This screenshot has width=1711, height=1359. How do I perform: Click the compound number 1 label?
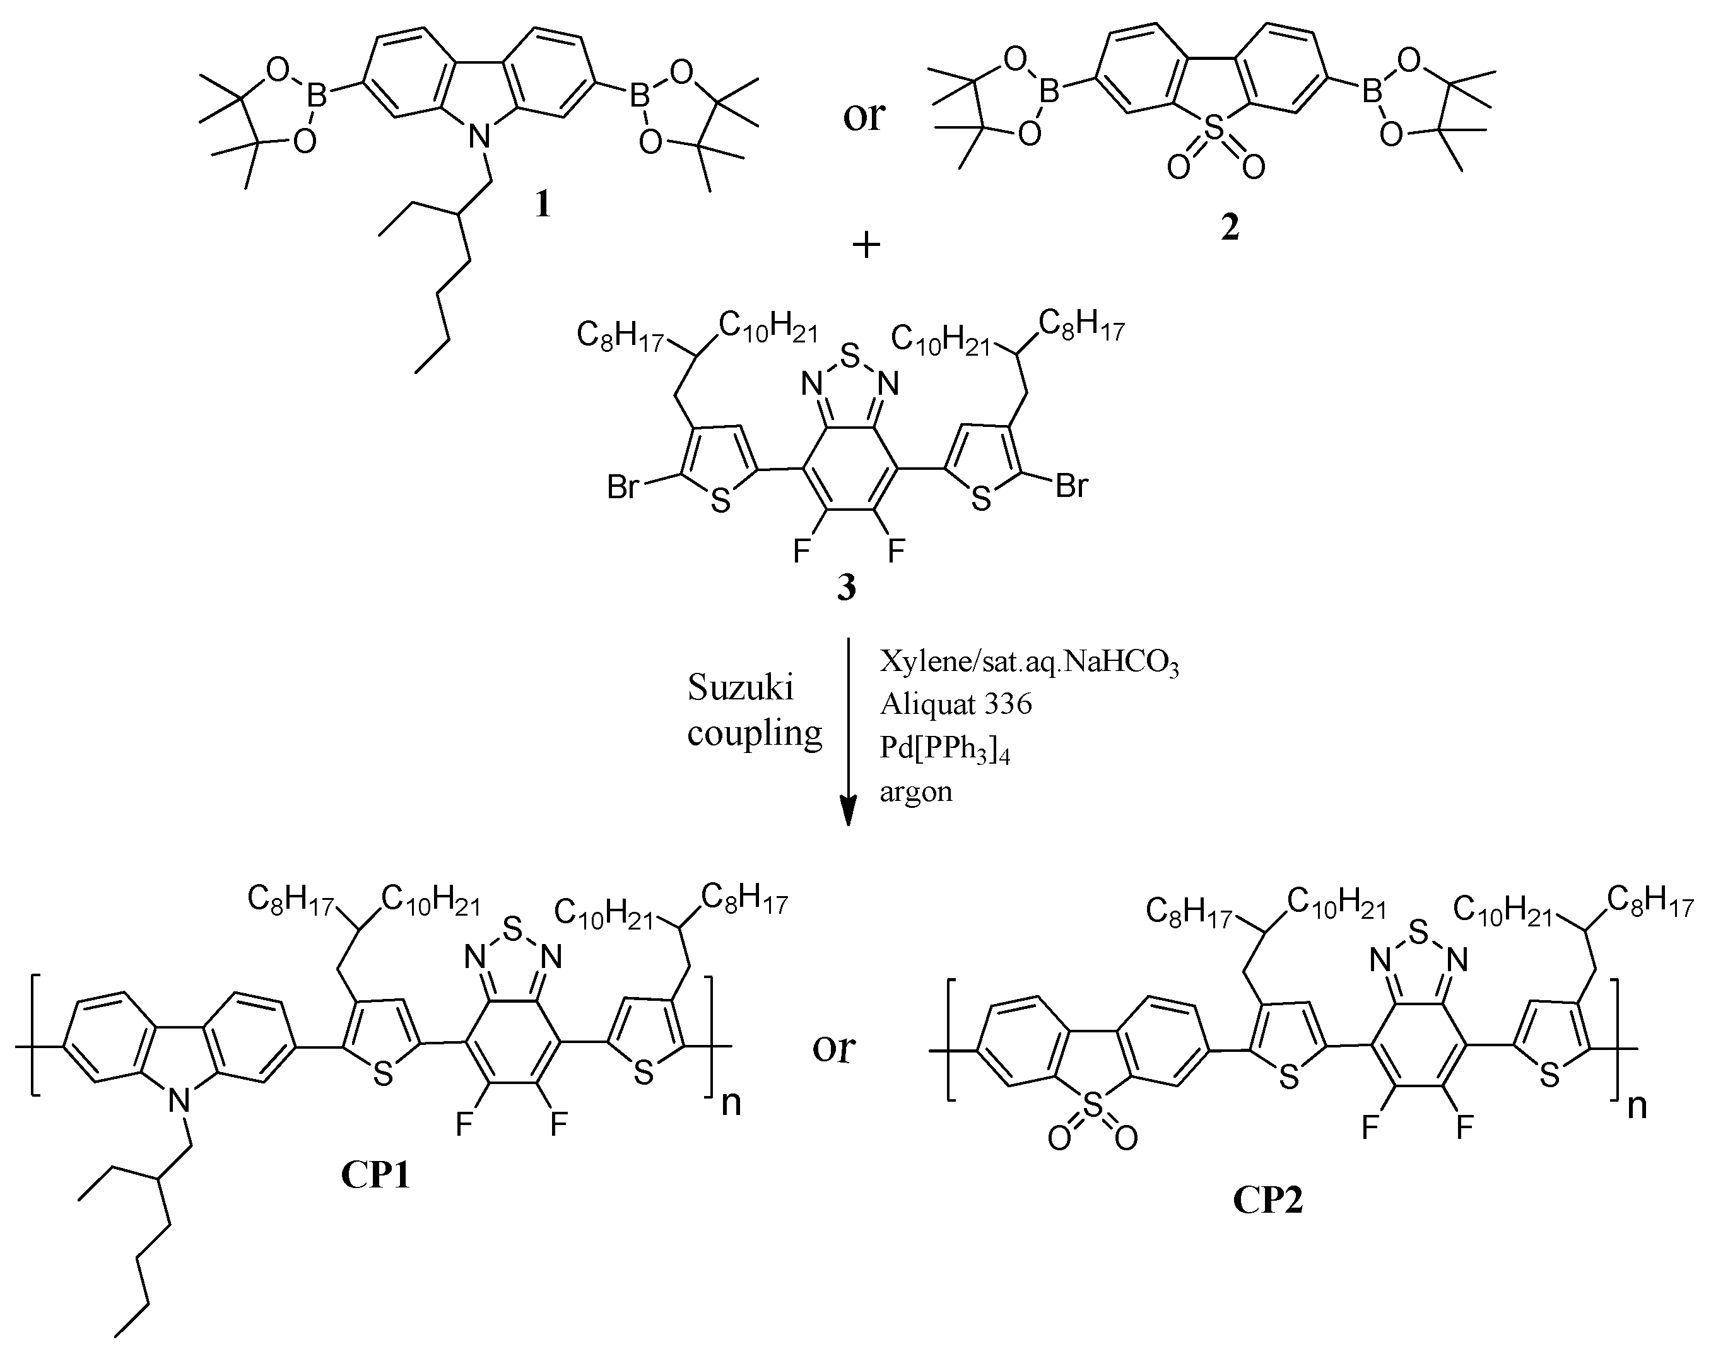(x=542, y=206)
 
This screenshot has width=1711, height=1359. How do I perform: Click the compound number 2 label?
(x=1229, y=227)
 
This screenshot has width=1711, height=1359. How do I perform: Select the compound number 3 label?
(x=847, y=588)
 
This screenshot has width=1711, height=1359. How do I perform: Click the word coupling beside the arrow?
(x=754, y=733)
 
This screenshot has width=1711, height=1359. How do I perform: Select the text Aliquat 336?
(x=955, y=703)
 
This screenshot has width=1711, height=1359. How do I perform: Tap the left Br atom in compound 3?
(x=623, y=487)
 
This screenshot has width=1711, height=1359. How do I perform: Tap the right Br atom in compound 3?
(x=1071, y=486)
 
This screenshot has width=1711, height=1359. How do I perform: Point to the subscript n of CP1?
(x=730, y=1104)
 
